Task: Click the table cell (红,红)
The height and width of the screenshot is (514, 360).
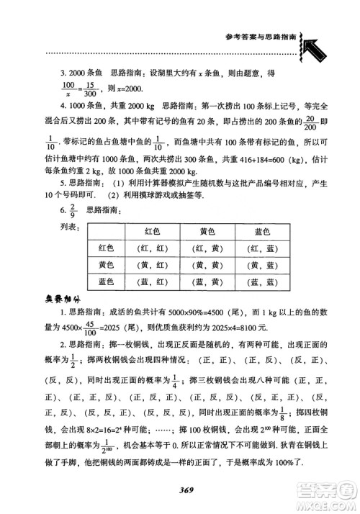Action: point(153,249)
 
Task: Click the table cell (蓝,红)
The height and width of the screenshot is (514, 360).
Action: point(153,284)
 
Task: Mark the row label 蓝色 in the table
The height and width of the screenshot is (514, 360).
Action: point(106,284)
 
